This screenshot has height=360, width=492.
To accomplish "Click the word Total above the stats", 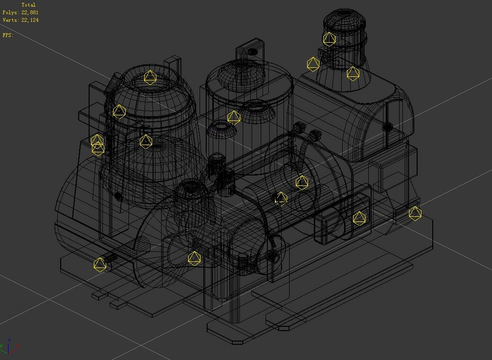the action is pyautogui.click(x=28, y=5).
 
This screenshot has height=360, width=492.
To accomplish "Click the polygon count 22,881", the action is pyautogui.click(x=30, y=12).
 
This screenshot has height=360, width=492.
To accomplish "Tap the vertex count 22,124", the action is pyautogui.click(x=30, y=20).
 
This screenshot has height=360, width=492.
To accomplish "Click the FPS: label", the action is pyautogui.click(x=8, y=35).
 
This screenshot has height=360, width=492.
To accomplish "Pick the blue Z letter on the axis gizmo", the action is pyautogui.click(x=10, y=340).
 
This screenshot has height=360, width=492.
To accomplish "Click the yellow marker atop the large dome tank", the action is pyautogui.click(x=150, y=77).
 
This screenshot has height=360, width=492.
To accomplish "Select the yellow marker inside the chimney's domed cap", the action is pyautogui.click(x=329, y=39).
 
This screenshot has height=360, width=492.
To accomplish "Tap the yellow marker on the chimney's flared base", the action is pyautogui.click(x=353, y=74).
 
